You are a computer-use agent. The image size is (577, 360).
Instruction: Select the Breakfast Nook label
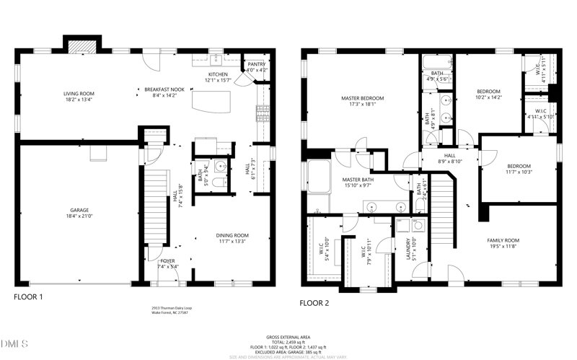(x=160, y=89)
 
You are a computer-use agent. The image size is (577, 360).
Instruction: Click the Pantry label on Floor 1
(x=256, y=64)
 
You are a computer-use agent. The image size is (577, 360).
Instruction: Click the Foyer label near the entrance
(x=167, y=261)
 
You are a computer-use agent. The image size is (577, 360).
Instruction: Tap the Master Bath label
(x=357, y=179)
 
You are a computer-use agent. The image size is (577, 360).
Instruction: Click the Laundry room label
(x=408, y=247)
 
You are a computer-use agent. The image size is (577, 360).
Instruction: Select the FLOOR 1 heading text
(x=29, y=297)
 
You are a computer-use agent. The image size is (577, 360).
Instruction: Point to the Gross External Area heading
(x=288, y=337)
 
